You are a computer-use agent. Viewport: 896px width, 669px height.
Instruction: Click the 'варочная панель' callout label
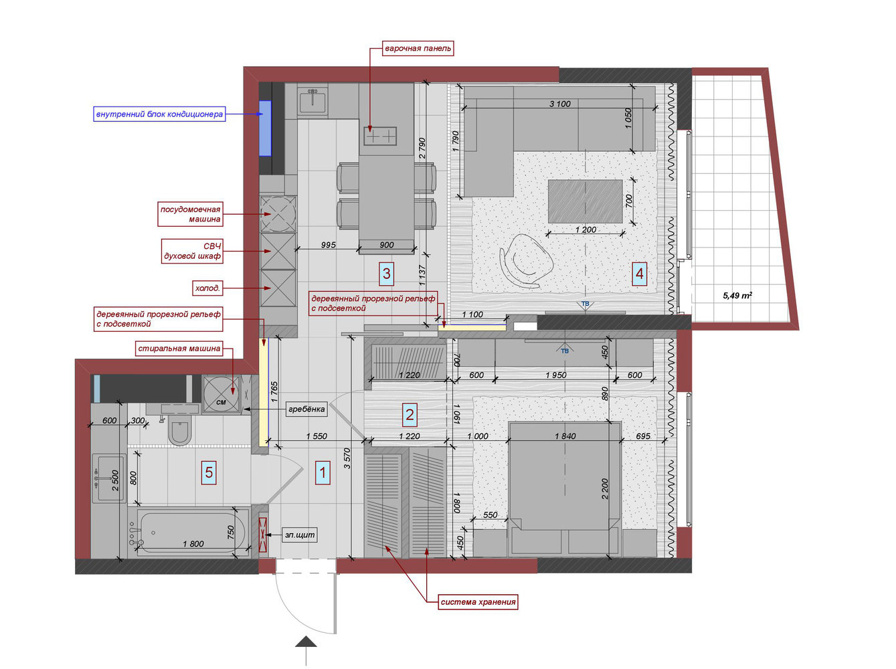(418, 49)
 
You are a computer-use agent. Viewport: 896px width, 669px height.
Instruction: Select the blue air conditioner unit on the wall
(266, 128)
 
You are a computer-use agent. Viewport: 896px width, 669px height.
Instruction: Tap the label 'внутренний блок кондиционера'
(159, 114)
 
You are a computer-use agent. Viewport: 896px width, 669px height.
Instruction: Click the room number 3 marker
(386, 273)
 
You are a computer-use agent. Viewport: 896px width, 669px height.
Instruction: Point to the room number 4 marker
(639, 274)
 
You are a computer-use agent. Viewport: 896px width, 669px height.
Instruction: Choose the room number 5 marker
(209, 472)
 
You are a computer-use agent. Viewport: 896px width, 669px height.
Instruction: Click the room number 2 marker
(410, 415)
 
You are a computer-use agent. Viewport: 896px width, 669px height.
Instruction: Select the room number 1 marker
(323, 472)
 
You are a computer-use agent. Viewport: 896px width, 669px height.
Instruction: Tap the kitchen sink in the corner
(312, 100)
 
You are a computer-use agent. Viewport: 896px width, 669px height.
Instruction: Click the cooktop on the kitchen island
(380, 136)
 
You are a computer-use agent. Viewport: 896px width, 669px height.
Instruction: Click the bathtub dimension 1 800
(193, 544)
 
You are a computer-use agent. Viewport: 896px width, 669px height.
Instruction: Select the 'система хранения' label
(478, 601)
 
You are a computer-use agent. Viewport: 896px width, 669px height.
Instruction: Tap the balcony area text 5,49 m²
(737, 295)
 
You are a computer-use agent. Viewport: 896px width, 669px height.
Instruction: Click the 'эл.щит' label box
(300, 535)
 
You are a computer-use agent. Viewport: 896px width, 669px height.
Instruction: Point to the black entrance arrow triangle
(306, 642)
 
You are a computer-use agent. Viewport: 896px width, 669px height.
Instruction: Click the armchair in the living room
(527, 261)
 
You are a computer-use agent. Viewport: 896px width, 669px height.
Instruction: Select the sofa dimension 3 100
(559, 104)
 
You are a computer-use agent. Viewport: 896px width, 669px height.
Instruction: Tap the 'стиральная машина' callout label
(179, 349)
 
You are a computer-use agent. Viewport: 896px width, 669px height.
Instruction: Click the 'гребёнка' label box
(306, 409)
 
